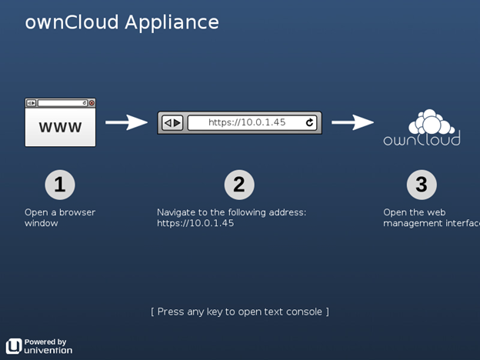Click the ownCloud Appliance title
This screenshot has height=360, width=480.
(122, 22)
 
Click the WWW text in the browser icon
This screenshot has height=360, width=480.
(60, 127)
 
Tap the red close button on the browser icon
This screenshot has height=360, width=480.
(92, 103)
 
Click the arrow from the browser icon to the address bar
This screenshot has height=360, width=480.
(126, 122)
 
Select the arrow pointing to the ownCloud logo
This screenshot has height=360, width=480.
(352, 122)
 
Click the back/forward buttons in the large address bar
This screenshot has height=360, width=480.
(172, 123)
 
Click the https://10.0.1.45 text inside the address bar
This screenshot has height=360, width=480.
(247, 122)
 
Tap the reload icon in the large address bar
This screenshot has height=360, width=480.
(309, 122)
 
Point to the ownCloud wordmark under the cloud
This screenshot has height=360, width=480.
(422, 139)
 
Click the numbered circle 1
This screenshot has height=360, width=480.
(60, 185)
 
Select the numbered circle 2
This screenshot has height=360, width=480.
(239, 185)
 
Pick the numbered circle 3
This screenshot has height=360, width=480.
(422, 185)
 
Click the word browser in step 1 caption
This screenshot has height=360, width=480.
(77, 212)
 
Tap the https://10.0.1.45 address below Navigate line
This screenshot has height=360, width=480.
(195, 223)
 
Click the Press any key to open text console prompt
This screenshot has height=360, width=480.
(240, 312)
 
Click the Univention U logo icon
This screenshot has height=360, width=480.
(14, 346)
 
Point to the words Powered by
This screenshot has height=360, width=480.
(45, 342)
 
